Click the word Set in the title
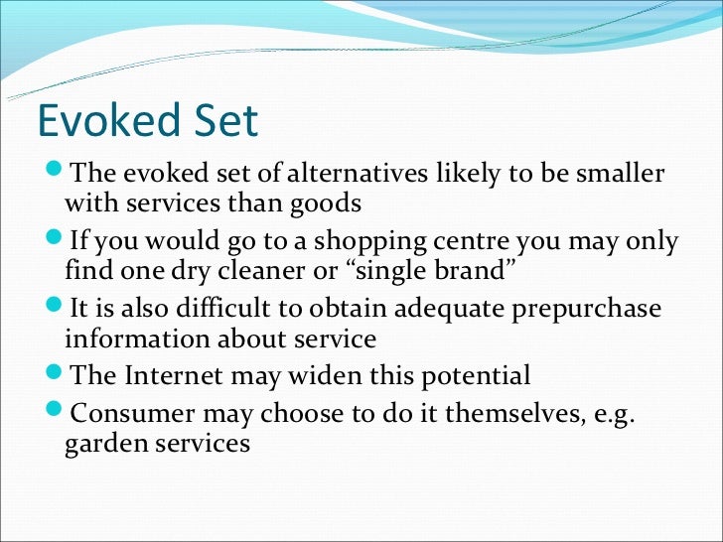(222, 120)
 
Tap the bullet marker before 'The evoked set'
(56, 172)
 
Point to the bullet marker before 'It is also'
(56, 307)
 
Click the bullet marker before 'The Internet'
(56, 374)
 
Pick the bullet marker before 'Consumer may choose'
(56, 408)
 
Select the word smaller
(617, 174)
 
